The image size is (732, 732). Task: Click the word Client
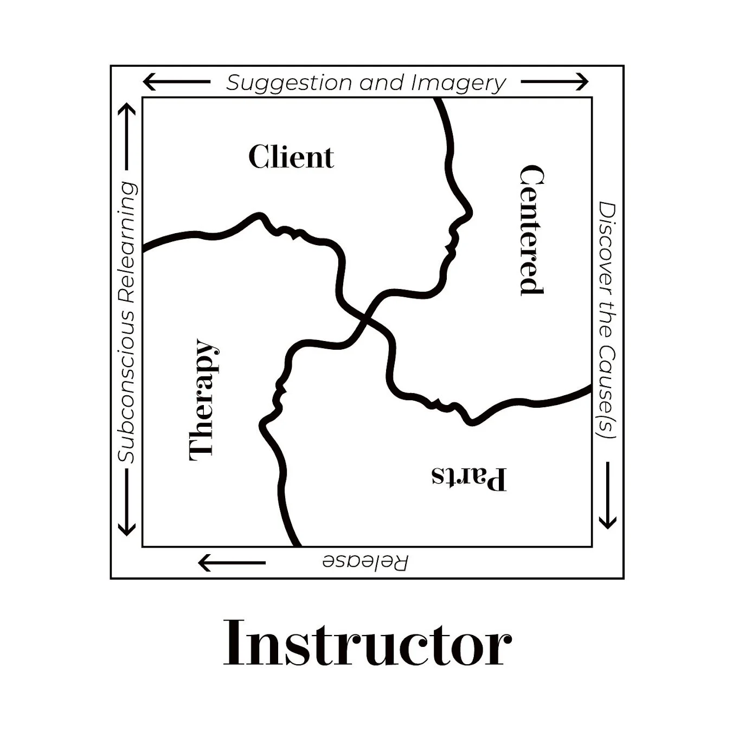click(291, 157)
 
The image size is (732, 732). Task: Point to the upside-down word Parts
click(469, 477)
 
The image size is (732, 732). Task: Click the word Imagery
click(458, 83)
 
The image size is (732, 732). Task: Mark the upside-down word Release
click(365, 562)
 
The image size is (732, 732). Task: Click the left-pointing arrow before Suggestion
click(176, 82)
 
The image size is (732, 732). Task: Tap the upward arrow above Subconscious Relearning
click(127, 136)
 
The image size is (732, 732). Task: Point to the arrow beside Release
click(232, 563)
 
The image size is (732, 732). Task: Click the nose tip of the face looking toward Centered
click(471, 210)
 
